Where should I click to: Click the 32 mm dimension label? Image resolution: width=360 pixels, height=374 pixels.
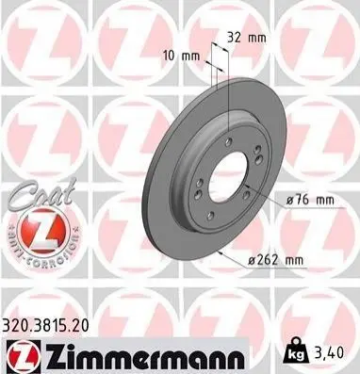point(247,38)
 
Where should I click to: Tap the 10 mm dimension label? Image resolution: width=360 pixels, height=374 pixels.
point(181,57)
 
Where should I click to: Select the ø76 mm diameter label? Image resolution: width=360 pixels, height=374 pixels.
point(311,200)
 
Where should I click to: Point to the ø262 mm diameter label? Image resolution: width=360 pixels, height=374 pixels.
point(275,260)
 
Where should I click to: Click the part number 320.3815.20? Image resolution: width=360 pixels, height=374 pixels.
point(46,326)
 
